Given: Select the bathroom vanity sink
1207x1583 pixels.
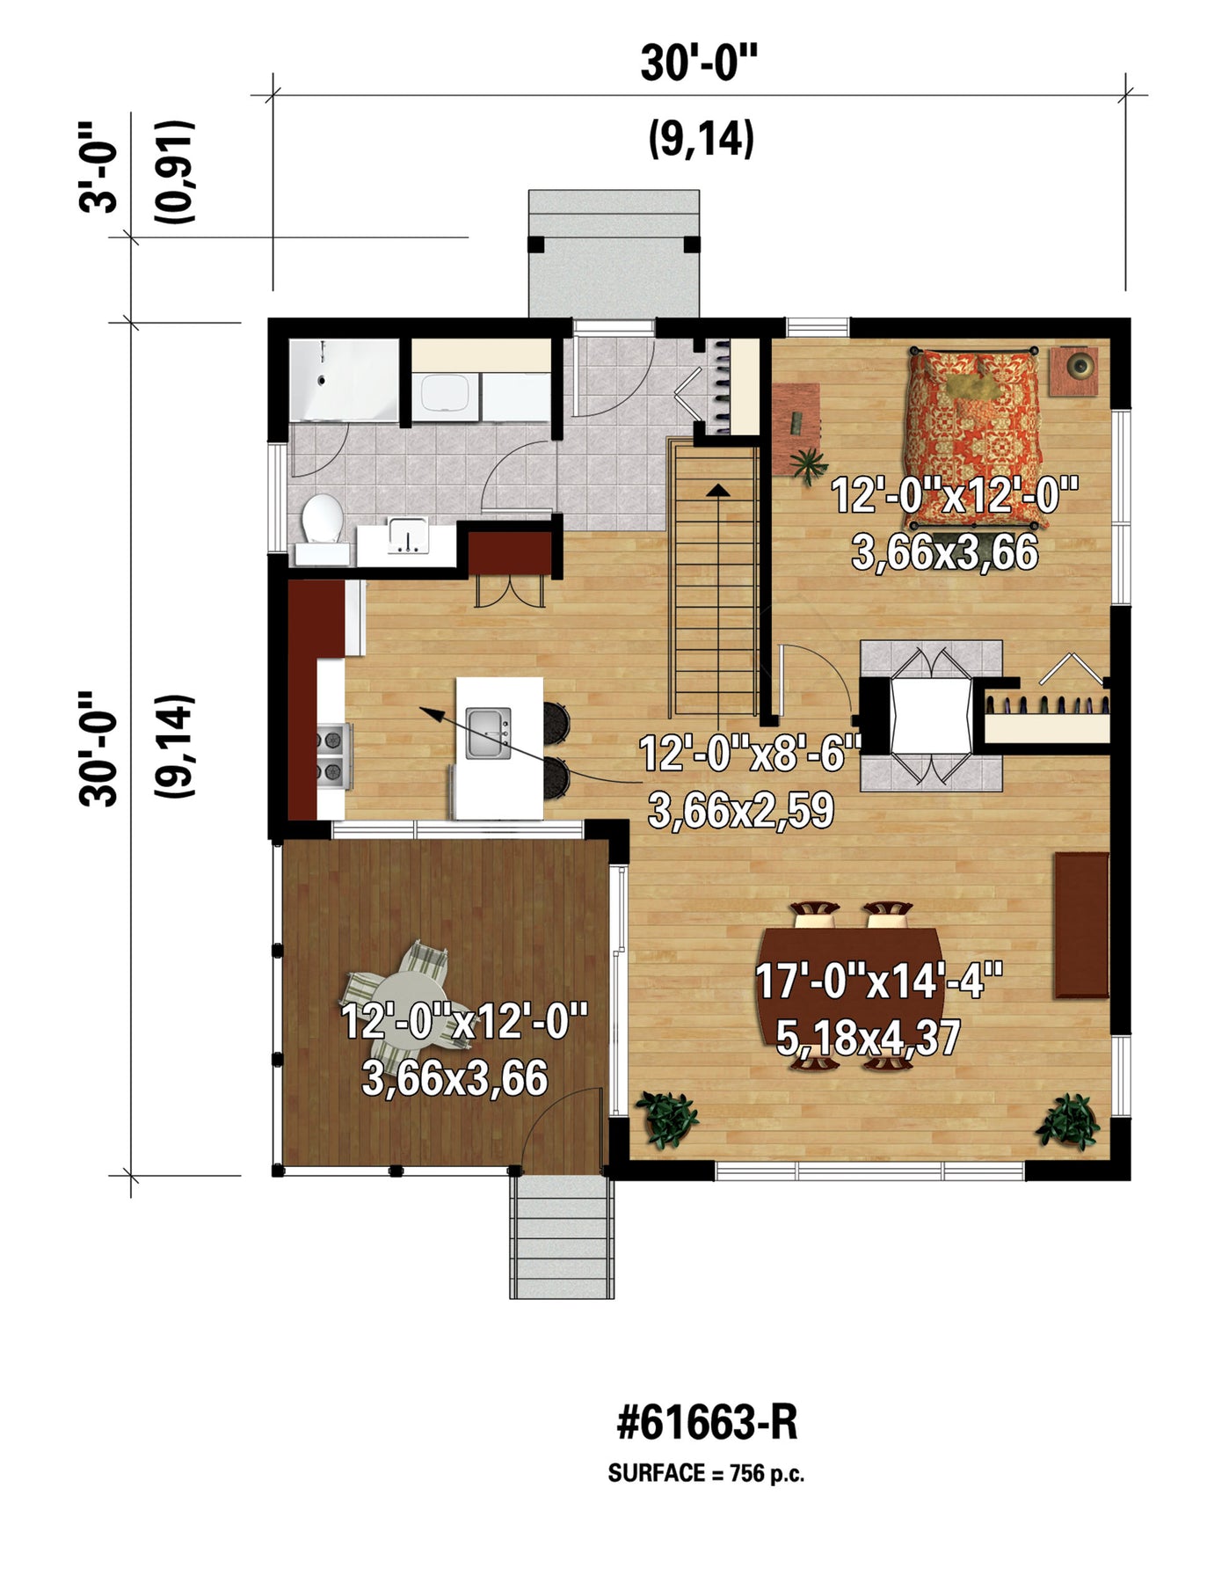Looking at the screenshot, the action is (x=407, y=536).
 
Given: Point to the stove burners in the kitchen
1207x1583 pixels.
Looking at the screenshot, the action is (x=334, y=755).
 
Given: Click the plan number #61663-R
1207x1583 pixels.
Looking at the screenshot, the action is (x=707, y=1421).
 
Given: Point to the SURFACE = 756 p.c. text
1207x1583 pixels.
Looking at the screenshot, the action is (x=706, y=1473).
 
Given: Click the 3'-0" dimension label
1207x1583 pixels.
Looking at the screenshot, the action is (x=98, y=168).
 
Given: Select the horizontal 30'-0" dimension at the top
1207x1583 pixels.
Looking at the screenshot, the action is (x=698, y=63).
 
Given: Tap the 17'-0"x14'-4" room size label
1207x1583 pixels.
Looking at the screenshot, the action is (x=879, y=981).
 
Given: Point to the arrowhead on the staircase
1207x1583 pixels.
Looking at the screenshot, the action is (x=718, y=489).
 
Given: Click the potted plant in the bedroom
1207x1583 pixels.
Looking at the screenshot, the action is (x=808, y=463).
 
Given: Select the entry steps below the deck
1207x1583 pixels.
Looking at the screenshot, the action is (x=562, y=1236).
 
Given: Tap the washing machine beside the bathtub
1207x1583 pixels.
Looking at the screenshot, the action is (x=446, y=396).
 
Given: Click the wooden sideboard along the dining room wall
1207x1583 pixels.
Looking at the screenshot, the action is (x=1080, y=924).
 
